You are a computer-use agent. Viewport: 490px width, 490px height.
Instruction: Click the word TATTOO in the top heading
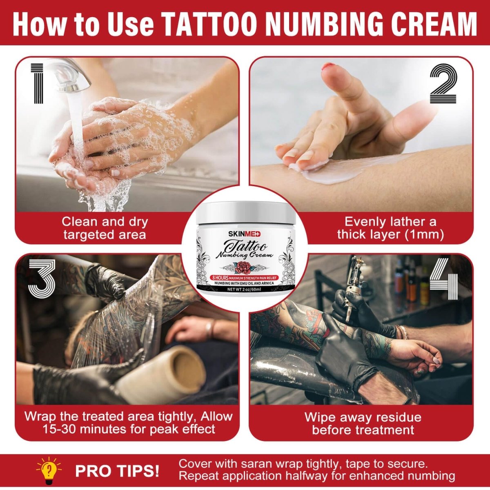pyautogui.click(x=209, y=23)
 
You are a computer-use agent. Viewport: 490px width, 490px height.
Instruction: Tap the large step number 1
pyautogui.click(x=38, y=83)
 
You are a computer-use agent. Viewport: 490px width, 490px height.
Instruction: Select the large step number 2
pyautogui.click(x=443, y=85)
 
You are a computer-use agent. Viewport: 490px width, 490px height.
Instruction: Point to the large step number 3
pyautogui.click(x=42, y=279)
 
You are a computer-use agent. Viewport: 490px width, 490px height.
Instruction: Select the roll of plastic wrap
pyautogui.click(x=163, y=376)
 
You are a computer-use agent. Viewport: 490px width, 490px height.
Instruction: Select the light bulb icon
pyautogui.click(x=49, y=470)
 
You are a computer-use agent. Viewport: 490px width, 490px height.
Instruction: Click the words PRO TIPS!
pyautogui.click(x=117, y=471)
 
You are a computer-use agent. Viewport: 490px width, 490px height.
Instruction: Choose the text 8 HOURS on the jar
pyautogui.click(x=220, y=278)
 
